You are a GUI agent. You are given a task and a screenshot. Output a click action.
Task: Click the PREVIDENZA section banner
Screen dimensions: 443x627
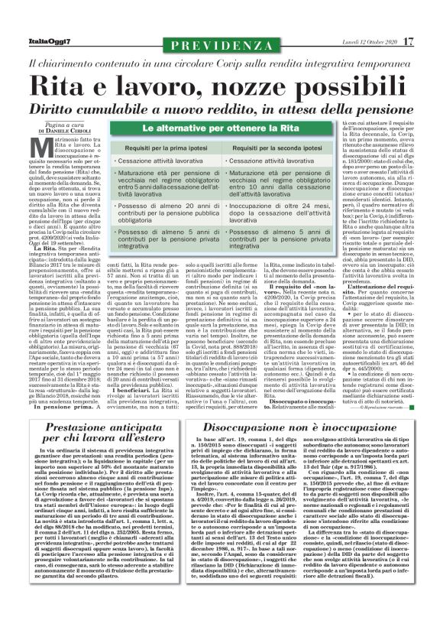point(221,26)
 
